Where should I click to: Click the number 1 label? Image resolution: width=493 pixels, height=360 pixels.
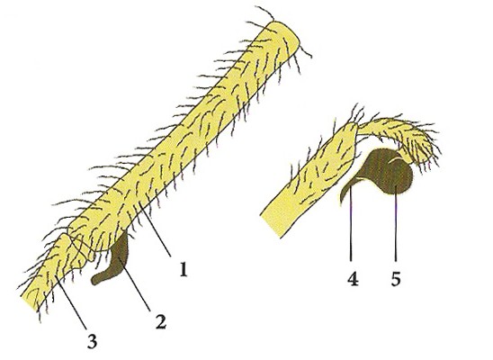pos(184,269)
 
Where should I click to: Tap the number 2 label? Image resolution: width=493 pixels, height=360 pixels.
pos(161,321)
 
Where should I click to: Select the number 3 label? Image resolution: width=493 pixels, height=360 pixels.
pos(92,341)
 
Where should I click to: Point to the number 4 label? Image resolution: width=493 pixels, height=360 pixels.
pos(353,279)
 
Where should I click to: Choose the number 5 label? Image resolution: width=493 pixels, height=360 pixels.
pos(396,279)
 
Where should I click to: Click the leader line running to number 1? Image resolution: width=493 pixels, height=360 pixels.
pos(156,230)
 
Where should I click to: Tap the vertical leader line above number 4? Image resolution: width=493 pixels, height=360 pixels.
pos(351,220)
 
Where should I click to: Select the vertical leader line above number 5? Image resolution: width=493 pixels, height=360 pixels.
pos(396,224)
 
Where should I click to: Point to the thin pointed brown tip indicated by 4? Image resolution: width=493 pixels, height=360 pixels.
pos(345,191)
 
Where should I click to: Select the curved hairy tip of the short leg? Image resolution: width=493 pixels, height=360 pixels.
pos(416,145)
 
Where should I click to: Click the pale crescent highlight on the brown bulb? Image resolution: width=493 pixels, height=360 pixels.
pos(395,159)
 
